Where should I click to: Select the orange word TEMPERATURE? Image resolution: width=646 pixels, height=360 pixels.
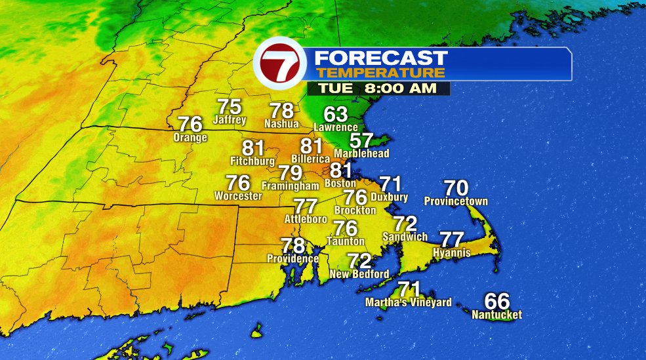click(380, 72)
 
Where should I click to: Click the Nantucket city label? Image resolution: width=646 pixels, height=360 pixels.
click(497, 315)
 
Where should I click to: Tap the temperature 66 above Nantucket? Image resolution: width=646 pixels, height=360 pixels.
click(497, 302)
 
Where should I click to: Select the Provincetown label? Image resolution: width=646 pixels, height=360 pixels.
click(456, 201)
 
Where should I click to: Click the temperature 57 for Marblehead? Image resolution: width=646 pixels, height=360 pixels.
click(361, 140)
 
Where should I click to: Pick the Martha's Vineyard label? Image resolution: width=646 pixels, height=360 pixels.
click(409, 302)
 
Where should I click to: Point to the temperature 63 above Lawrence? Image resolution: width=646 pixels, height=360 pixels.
click(336, 114)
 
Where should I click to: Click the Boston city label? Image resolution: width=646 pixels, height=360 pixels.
click(341, 184)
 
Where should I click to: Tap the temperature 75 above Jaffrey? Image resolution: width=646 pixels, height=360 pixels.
click(230, 106)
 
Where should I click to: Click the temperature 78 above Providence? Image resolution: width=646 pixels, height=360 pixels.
click(293, 246)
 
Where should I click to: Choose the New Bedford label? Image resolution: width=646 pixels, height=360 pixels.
click(359, 273)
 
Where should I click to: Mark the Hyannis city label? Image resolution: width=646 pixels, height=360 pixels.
click(451, 252)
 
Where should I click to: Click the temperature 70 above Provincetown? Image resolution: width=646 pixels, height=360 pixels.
click(456, 188)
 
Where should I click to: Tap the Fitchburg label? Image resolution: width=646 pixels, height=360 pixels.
click(252, 161)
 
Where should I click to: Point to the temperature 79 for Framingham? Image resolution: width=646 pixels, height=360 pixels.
click(291, 173)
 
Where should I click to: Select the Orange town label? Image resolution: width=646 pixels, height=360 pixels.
click(190, 138)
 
